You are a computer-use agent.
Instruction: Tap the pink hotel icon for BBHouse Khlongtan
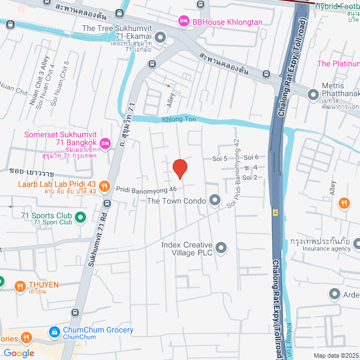(x=183, y=21)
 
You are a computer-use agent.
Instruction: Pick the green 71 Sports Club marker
(x=80, y=216)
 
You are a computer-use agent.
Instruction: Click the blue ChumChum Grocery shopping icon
(x=55, y=332)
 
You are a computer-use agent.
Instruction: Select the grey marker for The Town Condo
(x=214, y=200)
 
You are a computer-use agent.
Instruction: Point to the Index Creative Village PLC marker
(x=221, y=247)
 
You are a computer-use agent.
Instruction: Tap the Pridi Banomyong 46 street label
(x=147, y=190)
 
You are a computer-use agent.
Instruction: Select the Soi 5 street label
(x=219, y=159)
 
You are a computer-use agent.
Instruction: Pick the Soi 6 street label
(x=251, y=157)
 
